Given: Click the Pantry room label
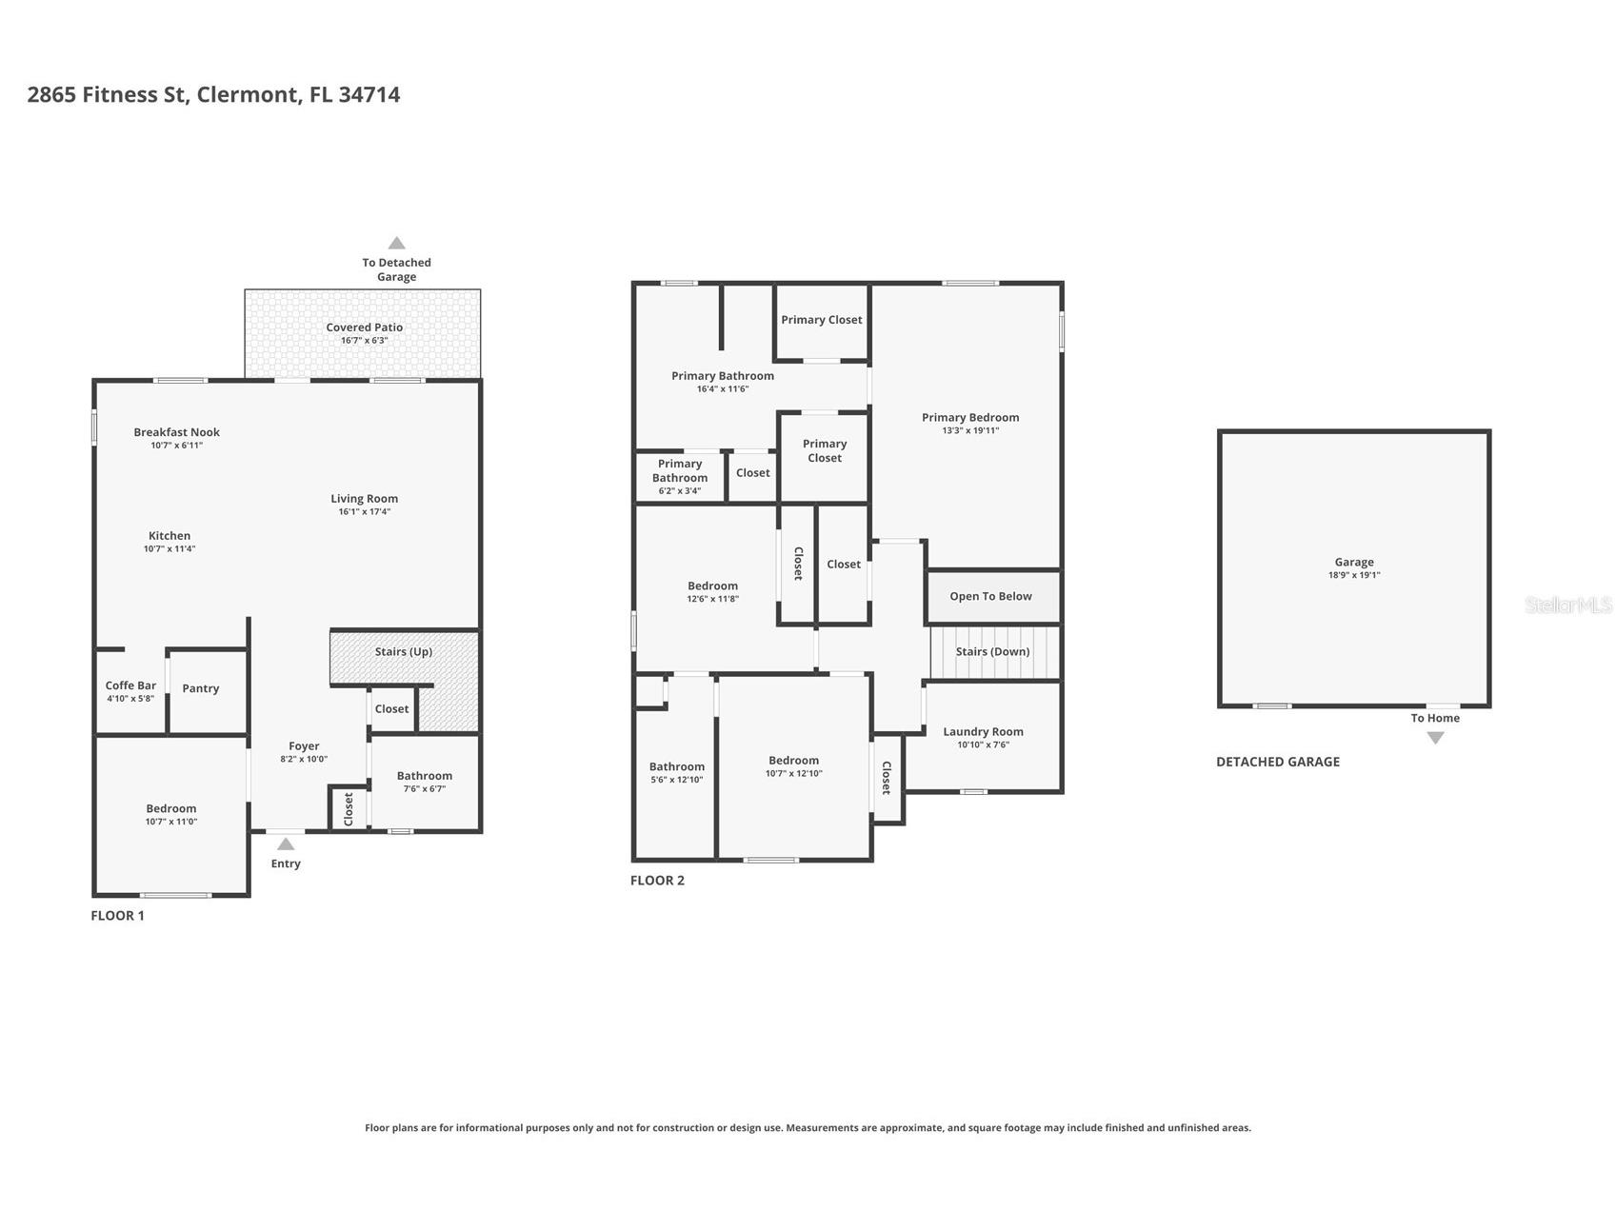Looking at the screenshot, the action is point(201,688).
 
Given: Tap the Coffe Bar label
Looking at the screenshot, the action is point(130,685).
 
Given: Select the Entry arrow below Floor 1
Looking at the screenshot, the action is point(286,844).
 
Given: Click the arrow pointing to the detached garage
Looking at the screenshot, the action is point(397,243).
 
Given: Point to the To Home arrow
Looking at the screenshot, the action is point(1435,738).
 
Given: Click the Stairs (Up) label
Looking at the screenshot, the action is point(404,652).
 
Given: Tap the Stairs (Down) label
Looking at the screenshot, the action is point(992,652).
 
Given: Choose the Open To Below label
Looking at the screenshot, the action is point(990,597).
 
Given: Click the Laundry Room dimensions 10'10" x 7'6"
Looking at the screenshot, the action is point(984,744).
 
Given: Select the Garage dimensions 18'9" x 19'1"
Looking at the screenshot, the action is point(1354,575).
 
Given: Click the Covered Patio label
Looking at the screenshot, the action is point(365,328).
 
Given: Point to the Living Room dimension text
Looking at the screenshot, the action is point(365,512).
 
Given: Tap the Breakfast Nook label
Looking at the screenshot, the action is point(177,432).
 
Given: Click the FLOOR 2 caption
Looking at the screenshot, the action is point(657,881).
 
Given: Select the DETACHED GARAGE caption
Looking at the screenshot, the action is point(1278,762).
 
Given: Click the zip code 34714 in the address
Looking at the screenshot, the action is point(369,94).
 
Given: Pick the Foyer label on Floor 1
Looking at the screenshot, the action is point(304,746).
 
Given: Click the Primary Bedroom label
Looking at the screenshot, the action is point(970,418).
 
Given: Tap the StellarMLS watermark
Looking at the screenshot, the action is point(1568,605).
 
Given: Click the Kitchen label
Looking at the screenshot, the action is point(170,536).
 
